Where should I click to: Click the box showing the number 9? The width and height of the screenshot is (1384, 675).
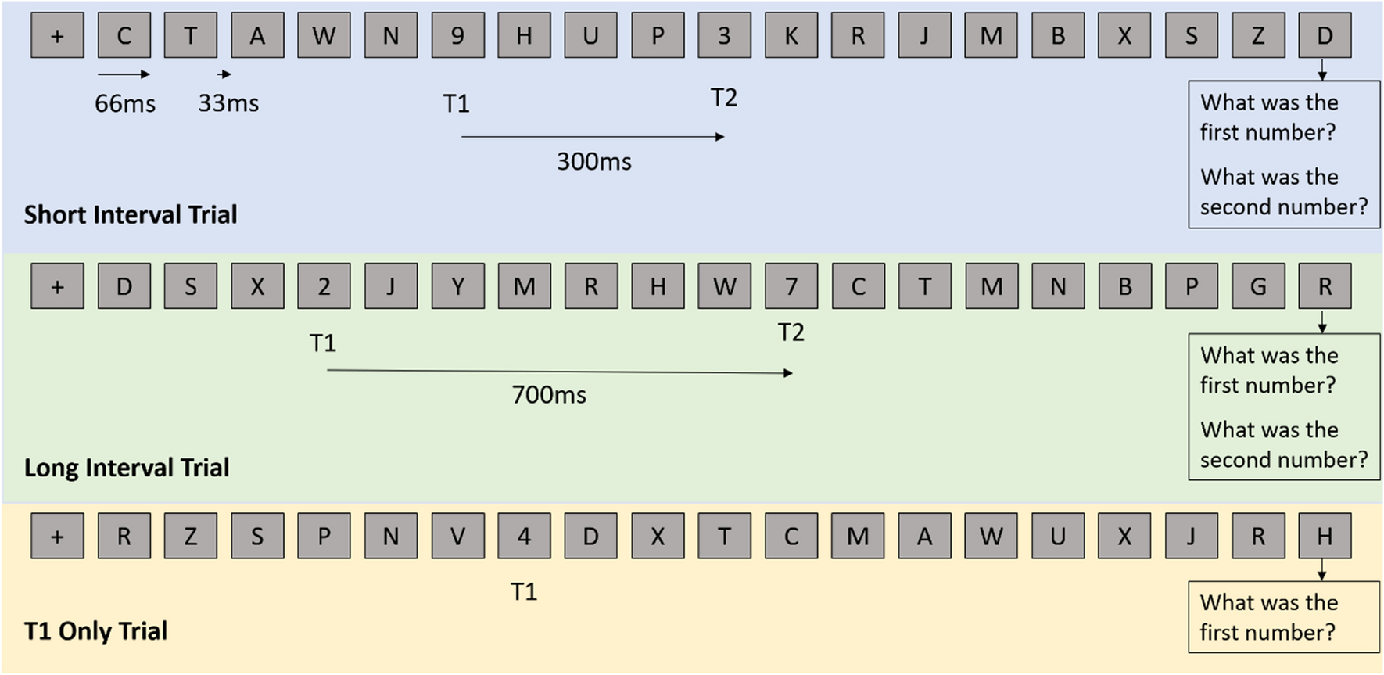coord(457,36)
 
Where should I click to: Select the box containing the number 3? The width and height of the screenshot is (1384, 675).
coord(724,36)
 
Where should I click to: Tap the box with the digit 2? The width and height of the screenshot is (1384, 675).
coord(324,287)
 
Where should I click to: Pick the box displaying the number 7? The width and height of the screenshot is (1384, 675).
coord(791,287)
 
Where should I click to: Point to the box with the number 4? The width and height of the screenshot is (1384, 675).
coord(524,537)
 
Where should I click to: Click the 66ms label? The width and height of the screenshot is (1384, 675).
coord(125,103)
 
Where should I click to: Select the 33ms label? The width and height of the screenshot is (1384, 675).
coord(228,103)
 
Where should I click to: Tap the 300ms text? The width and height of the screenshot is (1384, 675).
coord(594,162)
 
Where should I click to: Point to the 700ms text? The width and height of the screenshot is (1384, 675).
coord(549,395)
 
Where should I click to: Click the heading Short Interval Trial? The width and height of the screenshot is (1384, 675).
coord(131,215)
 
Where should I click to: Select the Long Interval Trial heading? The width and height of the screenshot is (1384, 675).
coord(127,468)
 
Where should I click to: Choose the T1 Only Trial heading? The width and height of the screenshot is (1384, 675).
coord(96,631)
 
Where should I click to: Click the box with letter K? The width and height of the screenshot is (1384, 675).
coord(791,36)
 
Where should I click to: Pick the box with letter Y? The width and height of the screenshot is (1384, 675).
coord(457,287)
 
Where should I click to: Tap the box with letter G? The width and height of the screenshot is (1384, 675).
coord(1258,287)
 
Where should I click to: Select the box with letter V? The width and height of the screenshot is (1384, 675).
coord(457,537)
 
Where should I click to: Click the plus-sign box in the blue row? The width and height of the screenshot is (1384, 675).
coord(57,36)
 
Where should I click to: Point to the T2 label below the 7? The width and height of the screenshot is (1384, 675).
coord(791,333)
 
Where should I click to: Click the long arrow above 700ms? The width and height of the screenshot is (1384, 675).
coord(559,372)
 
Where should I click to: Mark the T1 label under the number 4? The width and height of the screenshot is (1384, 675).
coord(524,592)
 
